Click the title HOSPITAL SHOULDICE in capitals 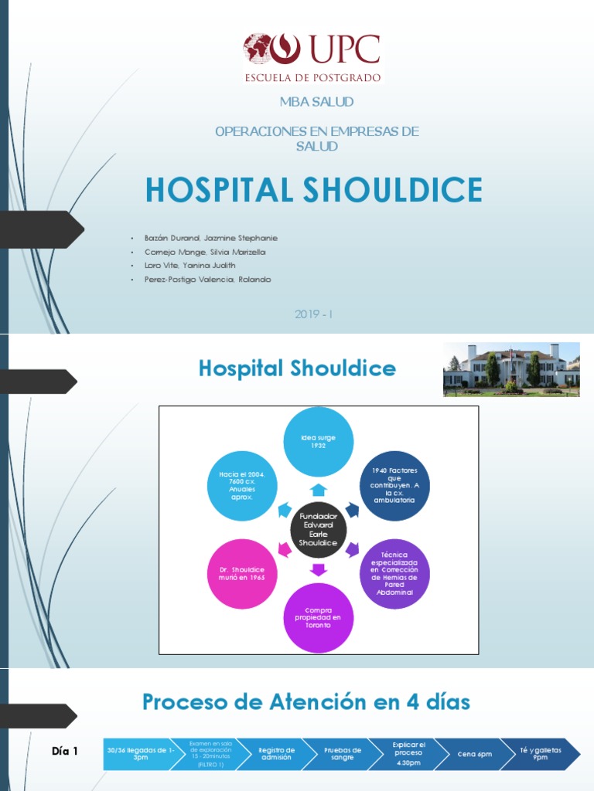tap(313, 190)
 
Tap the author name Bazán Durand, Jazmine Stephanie tap(210, 238)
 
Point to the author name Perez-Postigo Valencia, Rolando tap(207, 280)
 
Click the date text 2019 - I tap(313, 314)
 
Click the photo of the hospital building tap(511, 369)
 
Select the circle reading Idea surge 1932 tap(318, 441)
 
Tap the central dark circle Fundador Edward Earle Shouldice tap(318, 529)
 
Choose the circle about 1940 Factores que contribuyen tap(394, 485)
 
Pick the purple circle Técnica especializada tap(394, 573)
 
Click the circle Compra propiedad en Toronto tap(318, 618)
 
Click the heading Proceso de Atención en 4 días tap(306, 702)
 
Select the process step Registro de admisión tap(277, 754)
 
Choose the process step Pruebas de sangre tap(343, 754)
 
